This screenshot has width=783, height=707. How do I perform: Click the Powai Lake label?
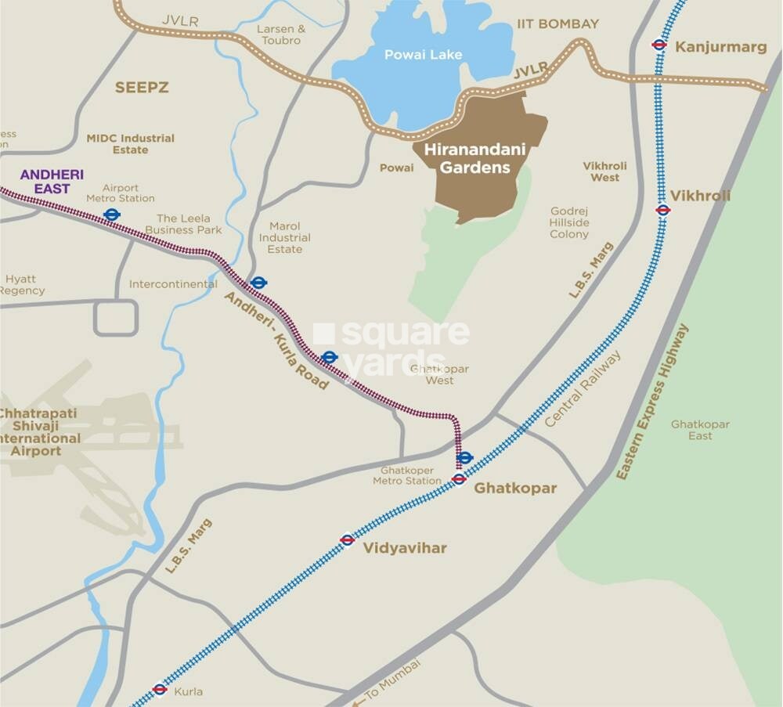(x=423, y=55)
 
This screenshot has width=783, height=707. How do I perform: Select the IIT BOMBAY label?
(x=557, y=24)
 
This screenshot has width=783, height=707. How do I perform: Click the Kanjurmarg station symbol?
(x=659, y=45)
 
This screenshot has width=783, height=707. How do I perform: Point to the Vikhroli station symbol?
(x=662, y=209)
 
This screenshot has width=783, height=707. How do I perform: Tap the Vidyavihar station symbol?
(x=348, y=539)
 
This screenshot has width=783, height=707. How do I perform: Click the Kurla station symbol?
(x=160, y=690)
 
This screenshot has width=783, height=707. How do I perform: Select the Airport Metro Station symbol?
(x=111, y=213)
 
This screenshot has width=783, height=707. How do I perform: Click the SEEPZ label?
(x=142, y=88)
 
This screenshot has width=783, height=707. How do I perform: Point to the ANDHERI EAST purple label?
(x=52, y=181)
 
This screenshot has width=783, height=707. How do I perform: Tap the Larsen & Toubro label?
(x=281, y=34)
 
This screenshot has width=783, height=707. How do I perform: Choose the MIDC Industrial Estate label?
(x=130, y=143)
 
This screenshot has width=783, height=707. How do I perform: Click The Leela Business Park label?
(x=189, y=224)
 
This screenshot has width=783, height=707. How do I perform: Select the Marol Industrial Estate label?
(x=284, y=237)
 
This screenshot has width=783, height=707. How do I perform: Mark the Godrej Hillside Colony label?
(x=569, y=223)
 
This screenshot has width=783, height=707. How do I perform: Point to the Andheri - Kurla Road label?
(x=276, y=341)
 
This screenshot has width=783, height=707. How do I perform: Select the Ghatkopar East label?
(x=700, y=429)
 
